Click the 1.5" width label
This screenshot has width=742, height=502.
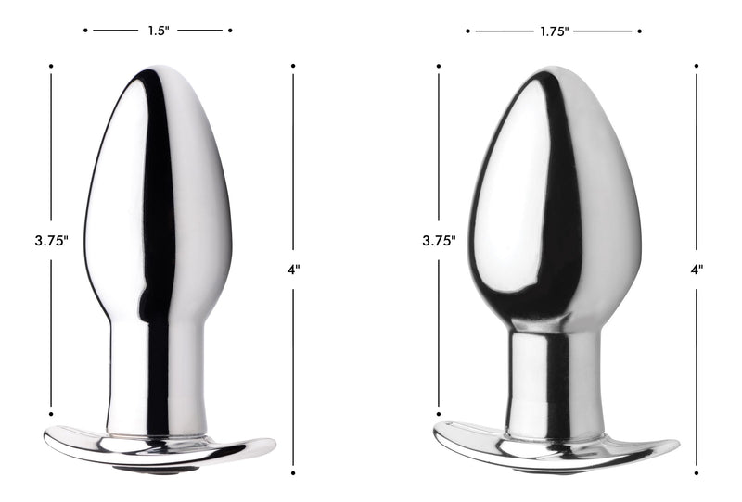tap(158, 31)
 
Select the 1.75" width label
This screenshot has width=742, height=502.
tap(554, 31)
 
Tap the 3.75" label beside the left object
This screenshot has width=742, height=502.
tap(51, 240)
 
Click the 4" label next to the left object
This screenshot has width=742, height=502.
tap(293, 270)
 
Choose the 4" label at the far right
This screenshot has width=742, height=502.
tap(697, 270)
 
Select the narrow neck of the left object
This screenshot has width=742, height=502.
tap(156, 370)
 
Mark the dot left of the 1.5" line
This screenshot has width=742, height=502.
tap(85, 31)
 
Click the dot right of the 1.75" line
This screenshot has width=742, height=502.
tap(639, 31)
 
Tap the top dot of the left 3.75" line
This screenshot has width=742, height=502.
tap(51, 66)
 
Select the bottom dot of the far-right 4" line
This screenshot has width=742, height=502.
tap(697, 473)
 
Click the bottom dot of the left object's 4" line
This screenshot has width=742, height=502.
tap(293, 473)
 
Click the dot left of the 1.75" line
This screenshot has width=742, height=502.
tap(468, 31)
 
